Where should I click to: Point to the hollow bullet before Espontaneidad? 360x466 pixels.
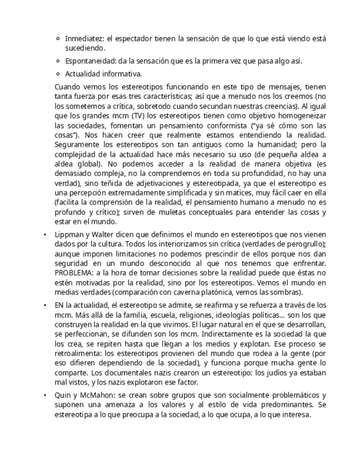(x=58, y=62)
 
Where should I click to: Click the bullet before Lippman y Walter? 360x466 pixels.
(x=45, y=235)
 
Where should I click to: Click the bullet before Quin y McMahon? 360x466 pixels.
(x=45, y=396)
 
